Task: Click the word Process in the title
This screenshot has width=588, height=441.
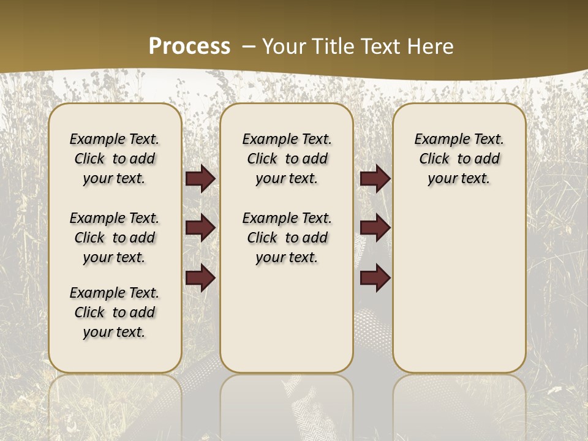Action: pyautogui.click(x=189, y=46)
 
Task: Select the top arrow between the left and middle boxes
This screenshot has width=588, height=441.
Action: pyautogui.click(x=200, y=178)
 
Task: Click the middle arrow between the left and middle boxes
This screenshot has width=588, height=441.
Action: pyautogui.click(x=200, y=228)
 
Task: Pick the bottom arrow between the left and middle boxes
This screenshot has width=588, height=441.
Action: pyautogui.click(x=200, y=277)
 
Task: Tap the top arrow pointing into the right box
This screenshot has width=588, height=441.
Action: pyautogui.click(x=375, y=178)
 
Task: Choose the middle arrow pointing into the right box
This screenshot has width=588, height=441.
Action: pyautogui.click(x=375, y=228)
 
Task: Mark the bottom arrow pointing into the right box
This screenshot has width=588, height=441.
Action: pyautogui.click(x=375, y=277)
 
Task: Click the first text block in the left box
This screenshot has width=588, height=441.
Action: pyautogui.click(x=115, y=159)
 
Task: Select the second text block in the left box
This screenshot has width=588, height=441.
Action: pyautogui.click(x=115, y=238)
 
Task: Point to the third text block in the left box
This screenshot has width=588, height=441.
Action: pyautogui.click(x=115, y=312)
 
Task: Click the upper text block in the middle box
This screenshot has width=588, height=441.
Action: pyautogui.click(x=287, y=159)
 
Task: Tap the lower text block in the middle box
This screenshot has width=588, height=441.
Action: pyautogui.click(x=287, y=238)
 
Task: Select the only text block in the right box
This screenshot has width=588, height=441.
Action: pyautogui.click(x=459, y=159)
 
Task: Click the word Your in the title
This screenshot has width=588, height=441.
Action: pyautogui.click(x=281, y=47)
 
